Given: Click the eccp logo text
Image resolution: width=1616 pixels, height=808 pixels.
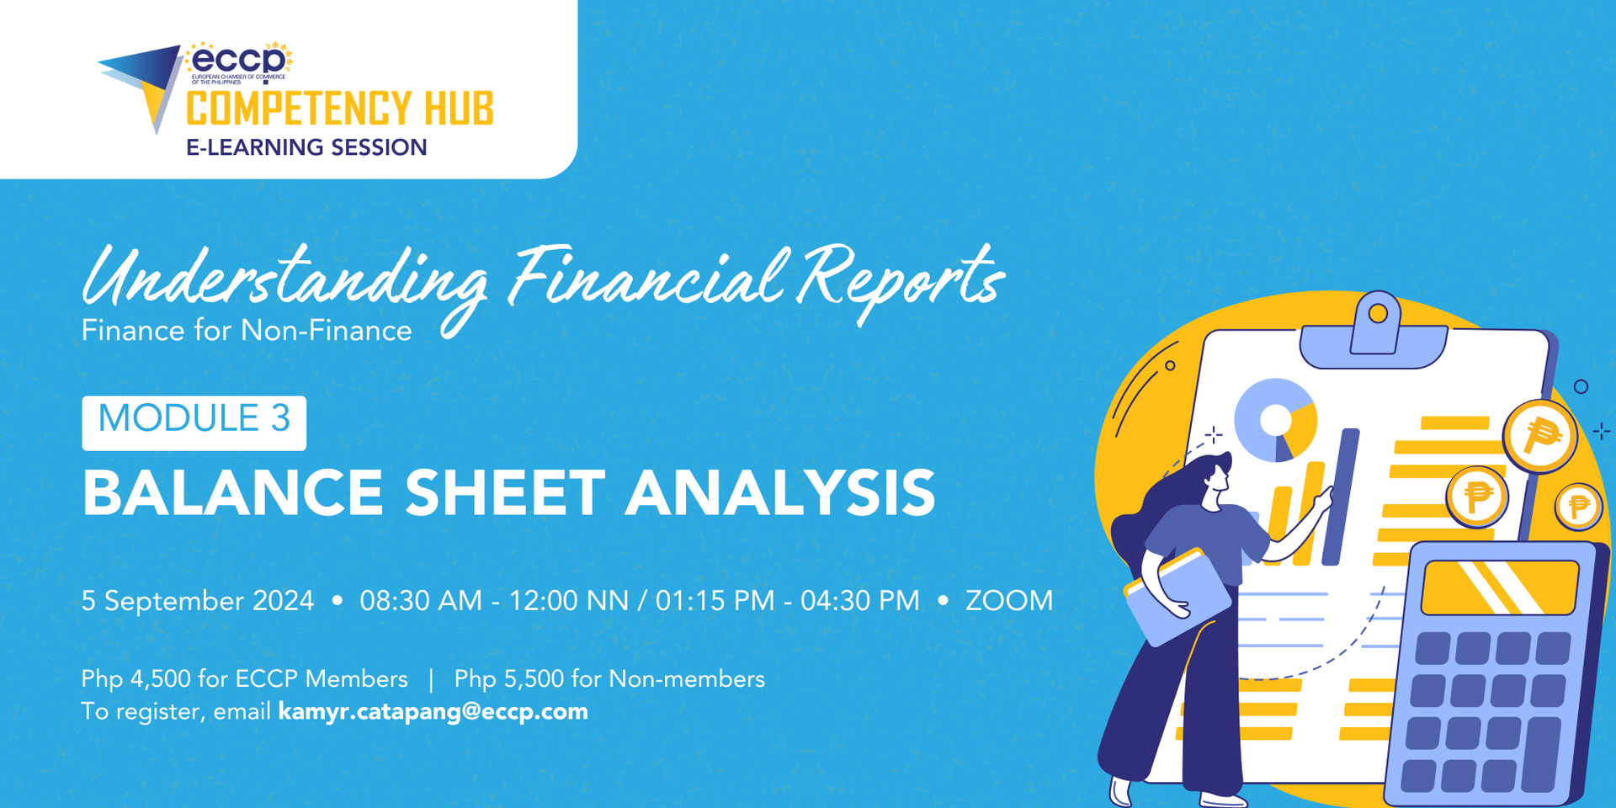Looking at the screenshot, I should (239, 60).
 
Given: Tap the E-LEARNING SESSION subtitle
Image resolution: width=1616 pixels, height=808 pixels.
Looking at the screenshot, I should (306, 147).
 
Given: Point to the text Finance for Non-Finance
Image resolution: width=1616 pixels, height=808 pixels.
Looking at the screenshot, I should (247, 331).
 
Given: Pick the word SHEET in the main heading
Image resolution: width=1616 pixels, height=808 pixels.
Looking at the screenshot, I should (505, 493).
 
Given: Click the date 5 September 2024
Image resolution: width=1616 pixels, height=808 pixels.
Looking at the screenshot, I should (198, 601).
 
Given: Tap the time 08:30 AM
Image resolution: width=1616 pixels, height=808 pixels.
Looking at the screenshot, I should (421, 601).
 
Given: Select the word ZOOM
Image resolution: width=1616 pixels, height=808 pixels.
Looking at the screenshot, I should (1009, 601).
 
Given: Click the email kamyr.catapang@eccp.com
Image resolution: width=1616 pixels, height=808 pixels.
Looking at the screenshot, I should (433, 712).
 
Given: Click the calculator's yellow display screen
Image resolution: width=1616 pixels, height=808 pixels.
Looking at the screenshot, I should (1499, 587).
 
